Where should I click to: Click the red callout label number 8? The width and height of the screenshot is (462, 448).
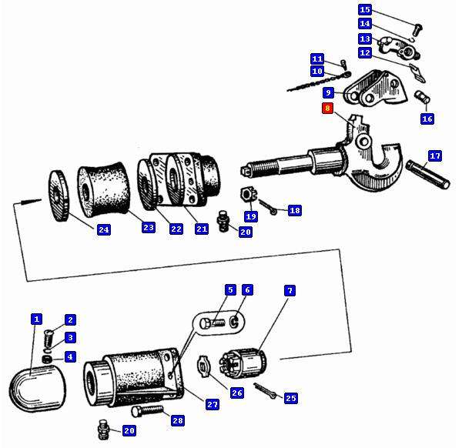pyautogui.click(x=328, y=109)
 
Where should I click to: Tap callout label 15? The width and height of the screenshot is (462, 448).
pyautogui.click(x=365, y=10)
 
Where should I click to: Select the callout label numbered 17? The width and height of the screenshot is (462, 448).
pyautogui.click(x=435, y=156)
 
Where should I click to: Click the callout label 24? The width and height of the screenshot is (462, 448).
pyautogui.click(x=103, y=229)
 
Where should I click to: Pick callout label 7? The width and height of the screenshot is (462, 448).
pyautogui.click(x=290, y=290)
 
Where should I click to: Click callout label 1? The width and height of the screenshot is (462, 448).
pyautogui.click(x=36, y=319)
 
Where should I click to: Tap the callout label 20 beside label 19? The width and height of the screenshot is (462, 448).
pyautogui.click(x=245, y=232)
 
